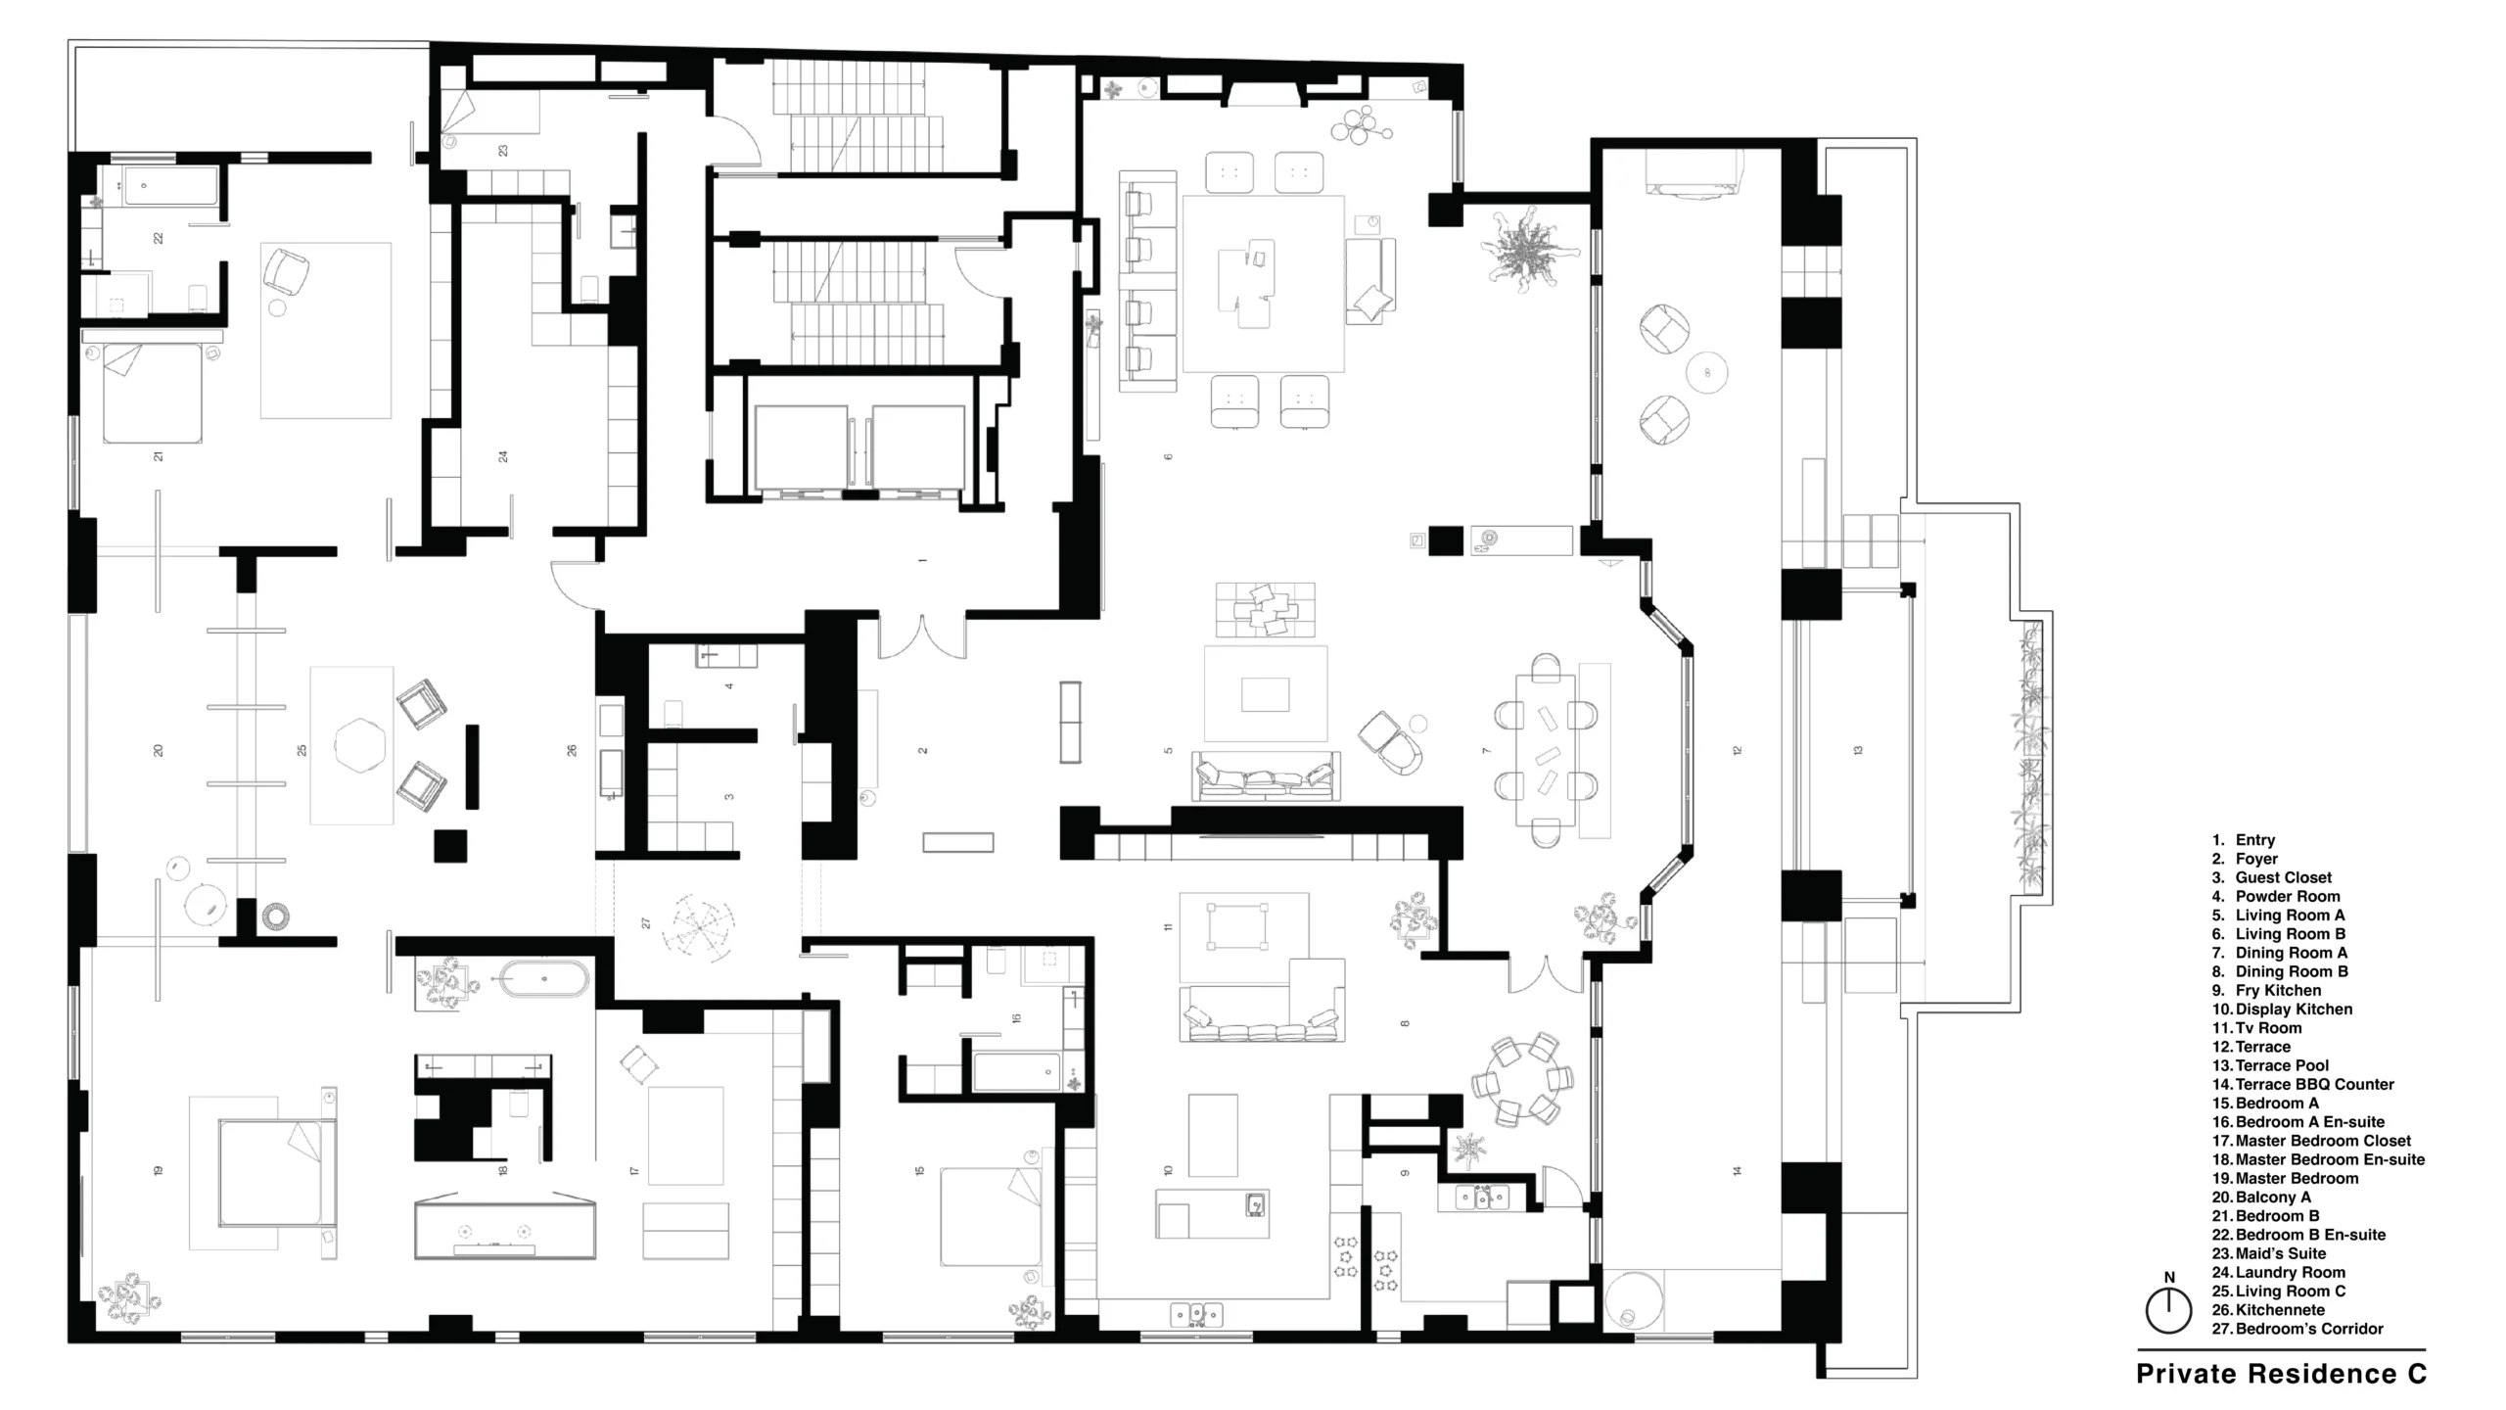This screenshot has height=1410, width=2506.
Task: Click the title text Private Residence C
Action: coord(2281,1374)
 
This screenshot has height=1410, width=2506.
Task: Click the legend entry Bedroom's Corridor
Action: coord(2297,1329)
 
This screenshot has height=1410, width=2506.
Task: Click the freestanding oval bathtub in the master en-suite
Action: coord(545,979)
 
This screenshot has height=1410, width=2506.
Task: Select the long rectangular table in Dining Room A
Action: coord(1547,751)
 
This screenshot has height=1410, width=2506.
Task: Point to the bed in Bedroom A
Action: coord(991,1217)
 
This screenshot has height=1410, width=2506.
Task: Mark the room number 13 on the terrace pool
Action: coord(1858,751)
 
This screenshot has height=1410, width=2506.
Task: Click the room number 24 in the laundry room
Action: coord(503,456)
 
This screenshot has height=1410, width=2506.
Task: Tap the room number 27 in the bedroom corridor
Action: coord(646,922)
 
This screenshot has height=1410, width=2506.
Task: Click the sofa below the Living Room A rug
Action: coord(1266,776)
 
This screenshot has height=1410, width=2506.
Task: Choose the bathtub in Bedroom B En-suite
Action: coord(171,186)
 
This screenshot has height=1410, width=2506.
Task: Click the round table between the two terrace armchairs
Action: coord(1706,373)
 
